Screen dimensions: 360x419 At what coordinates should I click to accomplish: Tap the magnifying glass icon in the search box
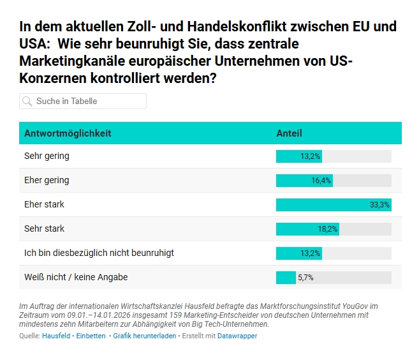pyautogui.click(x=27, y=101)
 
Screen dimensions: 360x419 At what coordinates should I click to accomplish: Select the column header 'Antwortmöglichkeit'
pyautogui.click(x=68, y=133)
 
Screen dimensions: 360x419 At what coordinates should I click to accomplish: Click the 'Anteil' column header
pyautogui.click(x=289, y=133)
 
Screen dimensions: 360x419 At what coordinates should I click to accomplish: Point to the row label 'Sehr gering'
pyautogui.click(x=47, y=156)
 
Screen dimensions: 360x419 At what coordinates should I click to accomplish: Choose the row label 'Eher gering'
pyautogui.click(x=47, y=180)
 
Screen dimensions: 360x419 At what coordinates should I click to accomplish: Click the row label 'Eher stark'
pyautogui.click(x=44, y=204)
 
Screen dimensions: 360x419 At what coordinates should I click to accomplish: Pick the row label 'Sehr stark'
pyautogui.click(x=45, y=229)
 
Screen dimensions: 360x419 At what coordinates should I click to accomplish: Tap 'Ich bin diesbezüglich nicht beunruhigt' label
pyautogui.click(x=99, y=253)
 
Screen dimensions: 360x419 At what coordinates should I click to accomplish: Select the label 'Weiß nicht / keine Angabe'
pyautogui.click(x=76, y=277)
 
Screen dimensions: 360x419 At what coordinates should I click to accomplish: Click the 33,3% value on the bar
pyautogui.click(x=379, y=205)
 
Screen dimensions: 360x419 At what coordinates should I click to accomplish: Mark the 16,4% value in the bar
pyautogui.click(x=321, y=181)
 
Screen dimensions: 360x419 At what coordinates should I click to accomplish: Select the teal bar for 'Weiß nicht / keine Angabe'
pyautogui.click(x=286, y=278)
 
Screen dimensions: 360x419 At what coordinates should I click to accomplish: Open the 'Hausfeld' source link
pyautogui.click(x=56, y=336)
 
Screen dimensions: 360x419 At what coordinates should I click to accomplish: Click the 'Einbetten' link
pyautogui.click(x=91, y=336)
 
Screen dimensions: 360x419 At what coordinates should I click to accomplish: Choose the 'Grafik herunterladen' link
pyautogui.click(x=144, y=336)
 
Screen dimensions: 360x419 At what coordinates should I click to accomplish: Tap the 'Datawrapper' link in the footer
pyautogui.click(x=237, y=336)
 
